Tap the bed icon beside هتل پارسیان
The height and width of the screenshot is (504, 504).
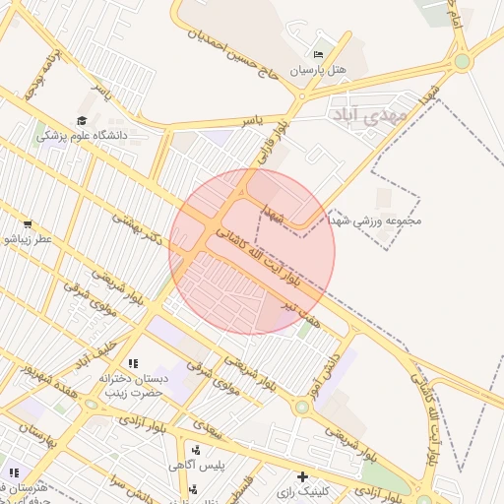point(317,54)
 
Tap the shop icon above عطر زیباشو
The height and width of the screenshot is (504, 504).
point(27,224)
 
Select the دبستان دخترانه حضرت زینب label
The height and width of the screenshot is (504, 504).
point(166,386)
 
